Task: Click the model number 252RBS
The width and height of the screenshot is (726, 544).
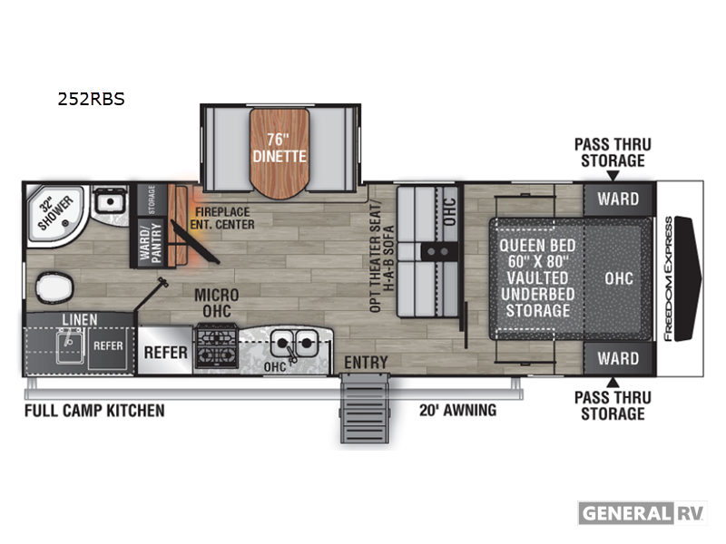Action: (x=92, y=99)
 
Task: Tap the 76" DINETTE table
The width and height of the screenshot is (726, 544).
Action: (x=280, y=153)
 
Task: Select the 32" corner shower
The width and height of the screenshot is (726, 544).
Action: (x=55, y=214)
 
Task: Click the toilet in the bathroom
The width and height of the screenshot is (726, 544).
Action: (x=54, y=287)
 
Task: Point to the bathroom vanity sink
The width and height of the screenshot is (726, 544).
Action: (x=110, y=202)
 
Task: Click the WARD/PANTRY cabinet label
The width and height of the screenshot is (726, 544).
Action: (x=151, y=243)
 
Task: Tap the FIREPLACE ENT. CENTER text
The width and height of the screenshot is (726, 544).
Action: (x=222, y=219)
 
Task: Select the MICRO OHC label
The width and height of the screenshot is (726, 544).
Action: (x=217, y=303)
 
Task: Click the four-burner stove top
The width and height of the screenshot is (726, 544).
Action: (x=216, y=347)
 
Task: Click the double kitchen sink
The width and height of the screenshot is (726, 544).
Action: (x=293, y=343)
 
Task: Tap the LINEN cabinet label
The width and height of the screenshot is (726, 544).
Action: (x=80, y=320)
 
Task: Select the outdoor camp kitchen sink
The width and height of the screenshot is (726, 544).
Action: (x=71, y=345)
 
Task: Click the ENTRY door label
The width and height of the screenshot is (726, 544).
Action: (x=366, y=362)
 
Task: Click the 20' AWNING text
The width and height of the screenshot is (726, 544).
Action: (x=457, y=411)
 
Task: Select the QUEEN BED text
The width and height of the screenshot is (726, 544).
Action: (x=537, y=246)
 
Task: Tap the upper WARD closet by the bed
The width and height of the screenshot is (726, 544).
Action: (x=618, y=199)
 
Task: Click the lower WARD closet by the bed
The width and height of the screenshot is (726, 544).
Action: (x=618, y=358)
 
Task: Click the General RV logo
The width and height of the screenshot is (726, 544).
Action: (x=643, y=513)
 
